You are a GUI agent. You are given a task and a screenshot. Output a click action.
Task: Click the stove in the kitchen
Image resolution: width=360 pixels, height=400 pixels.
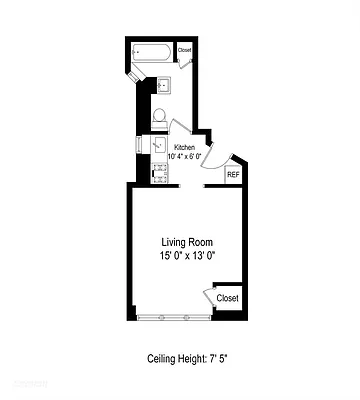[x=160, y=173]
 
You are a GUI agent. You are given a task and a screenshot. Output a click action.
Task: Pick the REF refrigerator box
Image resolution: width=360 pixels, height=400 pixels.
[x=233, y=175]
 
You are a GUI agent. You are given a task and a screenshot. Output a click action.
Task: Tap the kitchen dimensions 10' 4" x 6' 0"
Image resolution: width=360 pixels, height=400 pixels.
[x=187, y=157]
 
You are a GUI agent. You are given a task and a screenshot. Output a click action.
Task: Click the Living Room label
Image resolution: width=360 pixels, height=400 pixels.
[x=188, y=243]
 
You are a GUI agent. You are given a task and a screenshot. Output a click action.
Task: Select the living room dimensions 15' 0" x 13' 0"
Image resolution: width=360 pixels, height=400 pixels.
[x=188, y=256]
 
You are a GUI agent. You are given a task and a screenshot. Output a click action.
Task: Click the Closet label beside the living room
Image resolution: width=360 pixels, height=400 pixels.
[x=228, y=298]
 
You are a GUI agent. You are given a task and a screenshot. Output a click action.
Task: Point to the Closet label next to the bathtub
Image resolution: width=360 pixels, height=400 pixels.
[x=185, y=49]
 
